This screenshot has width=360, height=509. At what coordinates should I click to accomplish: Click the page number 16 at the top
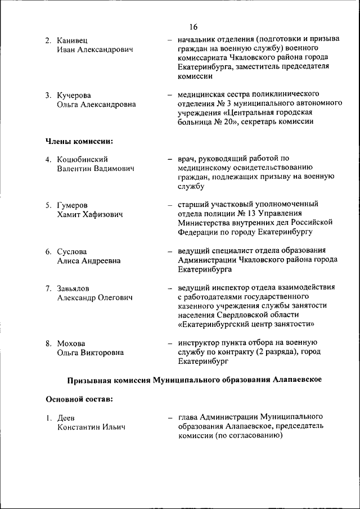tap(193, 27)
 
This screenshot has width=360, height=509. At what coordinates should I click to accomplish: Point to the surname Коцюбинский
tap(82, 159)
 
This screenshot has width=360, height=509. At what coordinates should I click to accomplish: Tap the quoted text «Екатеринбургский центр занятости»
tap(246, 324)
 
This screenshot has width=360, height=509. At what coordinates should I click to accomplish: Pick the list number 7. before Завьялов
tap(49, 288)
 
